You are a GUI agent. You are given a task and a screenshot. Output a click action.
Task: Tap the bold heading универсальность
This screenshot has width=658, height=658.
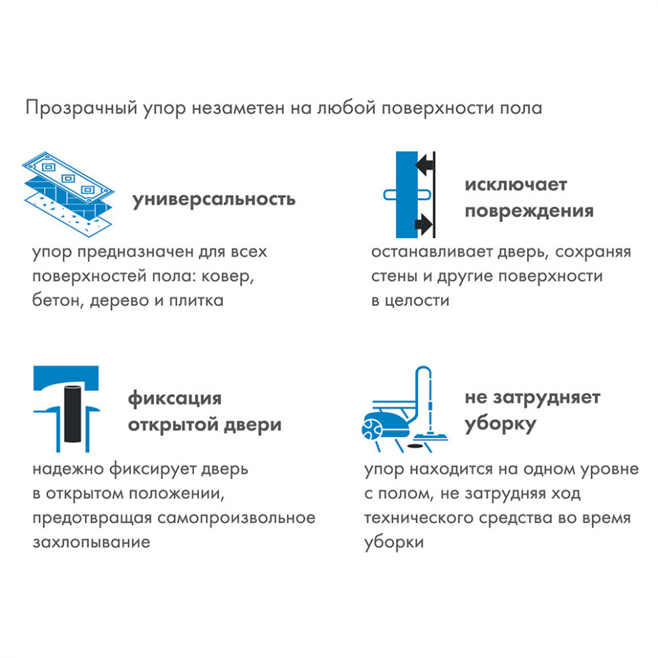coord(214,199)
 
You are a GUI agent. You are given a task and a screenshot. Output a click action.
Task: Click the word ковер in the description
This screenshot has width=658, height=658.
coord(233,275)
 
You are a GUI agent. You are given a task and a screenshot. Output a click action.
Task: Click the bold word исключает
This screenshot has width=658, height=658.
coord(516,185)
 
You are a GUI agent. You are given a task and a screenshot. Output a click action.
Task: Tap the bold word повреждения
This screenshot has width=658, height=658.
coord(528,210)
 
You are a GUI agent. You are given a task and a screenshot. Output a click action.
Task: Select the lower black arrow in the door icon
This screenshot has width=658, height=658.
coord(425,222)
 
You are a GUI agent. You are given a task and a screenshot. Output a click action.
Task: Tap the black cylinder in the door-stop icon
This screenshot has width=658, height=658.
coord(71,415)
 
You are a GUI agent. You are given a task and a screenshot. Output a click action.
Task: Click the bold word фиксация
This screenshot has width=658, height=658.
coord(174,398)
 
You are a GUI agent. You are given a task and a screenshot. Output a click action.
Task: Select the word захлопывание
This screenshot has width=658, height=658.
coord(91,543)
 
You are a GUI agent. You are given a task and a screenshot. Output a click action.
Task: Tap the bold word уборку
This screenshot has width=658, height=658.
coord(501,425)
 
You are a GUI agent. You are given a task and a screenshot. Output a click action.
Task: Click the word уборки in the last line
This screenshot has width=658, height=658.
coord(394,543)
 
